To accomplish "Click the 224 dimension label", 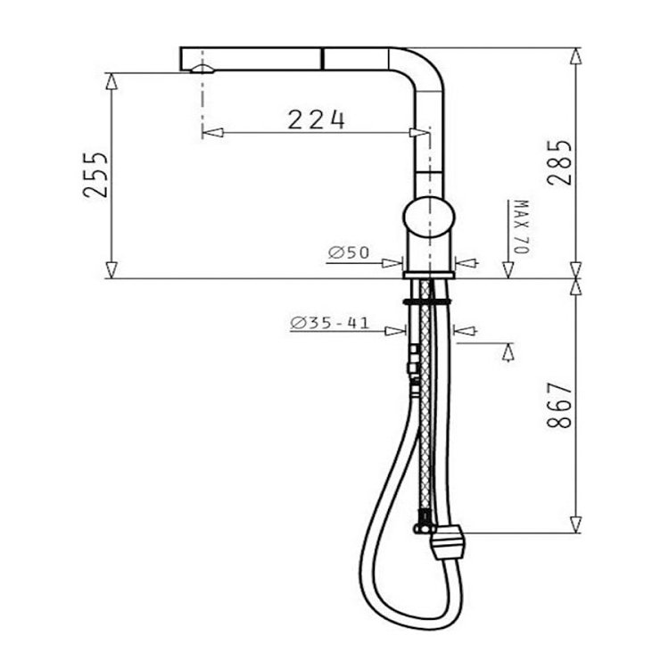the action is coord(316,120).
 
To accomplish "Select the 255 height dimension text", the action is coord(95,174).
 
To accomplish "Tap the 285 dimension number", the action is coord(559,162).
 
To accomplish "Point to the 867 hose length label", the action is coord(559,405).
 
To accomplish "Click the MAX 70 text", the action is coord(522,227).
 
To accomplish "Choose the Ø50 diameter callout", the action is coord(349,252).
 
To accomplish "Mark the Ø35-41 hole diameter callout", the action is coord(329,323).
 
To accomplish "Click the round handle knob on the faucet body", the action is coord(429,217).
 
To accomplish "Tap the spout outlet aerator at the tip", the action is coord(202,70).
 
